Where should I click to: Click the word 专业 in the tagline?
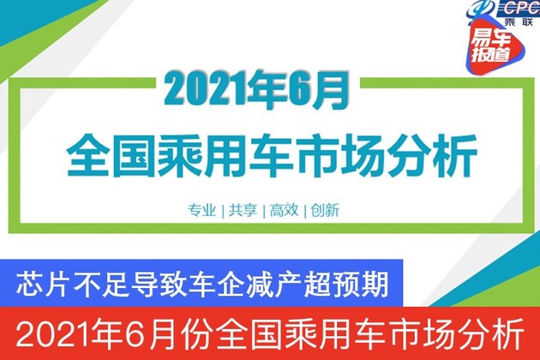[201, 210]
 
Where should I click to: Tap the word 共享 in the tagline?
[243, 210]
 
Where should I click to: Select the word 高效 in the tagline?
[284, 210]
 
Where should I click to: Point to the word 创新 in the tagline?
[325, 210]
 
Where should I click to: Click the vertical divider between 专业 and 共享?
[223, 211]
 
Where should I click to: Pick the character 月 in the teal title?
[330, 90]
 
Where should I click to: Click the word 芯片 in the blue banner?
[41, 284]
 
